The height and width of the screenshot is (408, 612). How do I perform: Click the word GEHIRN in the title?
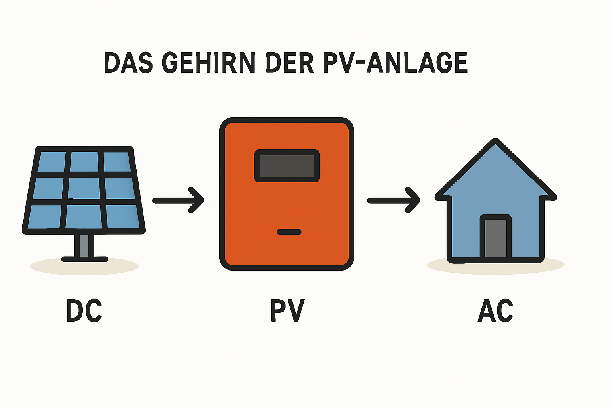coord(208,63)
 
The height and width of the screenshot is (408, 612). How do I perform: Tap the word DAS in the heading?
coord(128,63)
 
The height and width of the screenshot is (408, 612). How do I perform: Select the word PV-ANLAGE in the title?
coord(395,63)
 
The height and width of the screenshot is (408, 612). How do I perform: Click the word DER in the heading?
coord(289,63)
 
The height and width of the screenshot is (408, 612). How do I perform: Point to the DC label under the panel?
coord(84,311)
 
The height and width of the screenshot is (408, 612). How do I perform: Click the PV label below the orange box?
coord(287,311)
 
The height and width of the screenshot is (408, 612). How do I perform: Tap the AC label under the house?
coord(495,311)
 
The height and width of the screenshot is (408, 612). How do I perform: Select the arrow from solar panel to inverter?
coord(178,200)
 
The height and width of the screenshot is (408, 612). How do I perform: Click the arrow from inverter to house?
coord(394,200)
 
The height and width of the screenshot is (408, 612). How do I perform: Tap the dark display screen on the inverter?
coord(287,166)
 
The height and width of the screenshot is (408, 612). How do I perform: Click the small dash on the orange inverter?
coord(289,232)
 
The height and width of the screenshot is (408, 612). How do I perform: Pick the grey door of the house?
coord(495,238)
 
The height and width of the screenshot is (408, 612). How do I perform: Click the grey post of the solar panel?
coord(84,245)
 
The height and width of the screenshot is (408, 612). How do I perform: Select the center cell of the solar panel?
coord(84,188)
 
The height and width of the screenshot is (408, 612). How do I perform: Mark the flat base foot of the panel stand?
coord(84,259)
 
